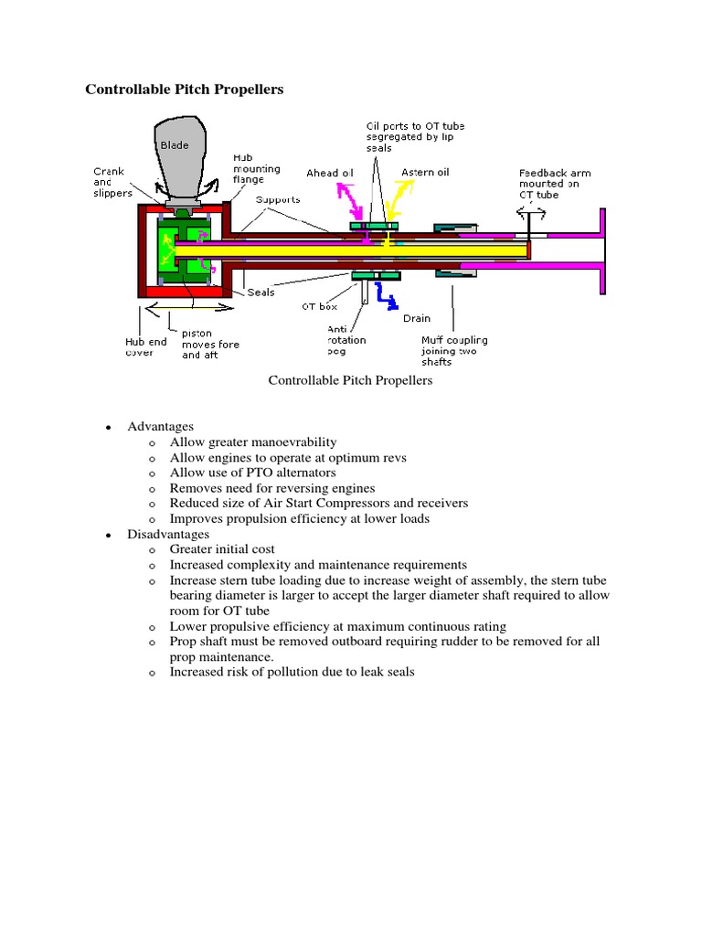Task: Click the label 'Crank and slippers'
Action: [112, 182]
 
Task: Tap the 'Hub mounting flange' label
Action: [256, 169]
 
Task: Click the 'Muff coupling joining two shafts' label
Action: [454, 350]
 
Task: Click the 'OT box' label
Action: [320, 306]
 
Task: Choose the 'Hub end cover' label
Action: [145, 347]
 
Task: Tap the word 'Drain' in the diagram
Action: [417, 319]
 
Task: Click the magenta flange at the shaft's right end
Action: [601, 250]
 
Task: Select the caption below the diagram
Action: [350, 380]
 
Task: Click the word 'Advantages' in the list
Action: [160, 426]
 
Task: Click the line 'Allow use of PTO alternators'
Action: [252, 473]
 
